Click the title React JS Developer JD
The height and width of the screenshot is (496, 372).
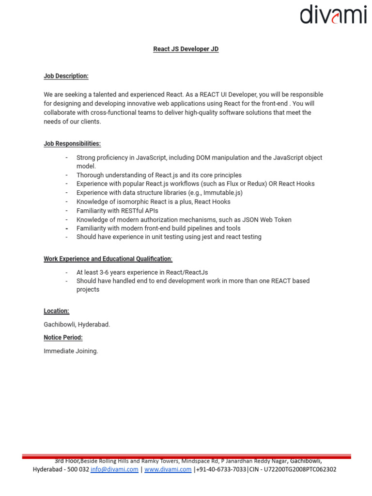coord(186,49)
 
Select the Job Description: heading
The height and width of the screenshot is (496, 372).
coord(66,76)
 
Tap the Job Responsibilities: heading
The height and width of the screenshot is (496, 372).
coord(72,144)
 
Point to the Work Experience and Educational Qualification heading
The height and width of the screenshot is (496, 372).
coord(108,259)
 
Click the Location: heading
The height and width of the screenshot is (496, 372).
coord(56,311)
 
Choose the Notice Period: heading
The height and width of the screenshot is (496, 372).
coord(63,338)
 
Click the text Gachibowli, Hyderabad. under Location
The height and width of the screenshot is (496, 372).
coord(77,325)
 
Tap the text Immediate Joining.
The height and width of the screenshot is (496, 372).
coord(71,351)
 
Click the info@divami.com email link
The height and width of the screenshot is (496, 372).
coord(114,469)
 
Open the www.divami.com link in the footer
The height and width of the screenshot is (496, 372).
coord(168,469)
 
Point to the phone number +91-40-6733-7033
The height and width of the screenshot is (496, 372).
coord(221,469)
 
